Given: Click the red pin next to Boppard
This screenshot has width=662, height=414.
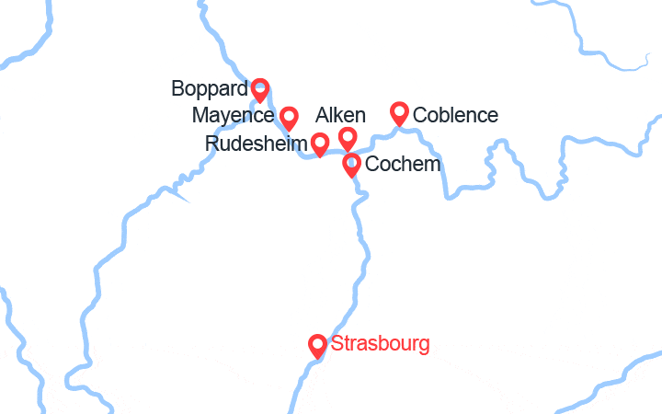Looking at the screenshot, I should point(259,89).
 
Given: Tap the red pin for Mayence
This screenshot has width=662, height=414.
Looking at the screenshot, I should point(289,117).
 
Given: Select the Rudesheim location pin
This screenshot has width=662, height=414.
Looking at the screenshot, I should point(320,144).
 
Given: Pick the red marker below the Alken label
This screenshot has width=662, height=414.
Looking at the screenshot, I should point(348,138).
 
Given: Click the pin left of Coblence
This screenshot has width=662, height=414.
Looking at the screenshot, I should point(399,112).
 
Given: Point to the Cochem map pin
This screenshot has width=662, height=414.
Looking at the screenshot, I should point(351,165).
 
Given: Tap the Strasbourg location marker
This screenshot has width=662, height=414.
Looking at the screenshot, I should point(318,345).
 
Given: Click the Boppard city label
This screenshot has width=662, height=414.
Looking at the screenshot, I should point(210,89).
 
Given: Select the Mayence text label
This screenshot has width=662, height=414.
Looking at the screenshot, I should point(234,116).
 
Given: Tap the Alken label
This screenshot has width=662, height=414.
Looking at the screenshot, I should point(340,115).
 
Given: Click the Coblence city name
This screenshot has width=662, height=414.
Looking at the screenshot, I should point(456,115).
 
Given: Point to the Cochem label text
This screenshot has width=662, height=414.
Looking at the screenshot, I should point(403,165).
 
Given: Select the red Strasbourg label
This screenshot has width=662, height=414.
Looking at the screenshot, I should point(380,344).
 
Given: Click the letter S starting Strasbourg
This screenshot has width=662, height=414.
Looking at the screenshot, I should point(337,344).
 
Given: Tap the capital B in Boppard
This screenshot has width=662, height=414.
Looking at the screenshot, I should point(178,89).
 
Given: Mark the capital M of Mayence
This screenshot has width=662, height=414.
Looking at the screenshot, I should point(200,116).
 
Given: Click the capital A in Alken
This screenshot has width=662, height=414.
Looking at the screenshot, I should point(322,115).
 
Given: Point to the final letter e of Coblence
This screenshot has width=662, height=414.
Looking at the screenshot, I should point(493,116).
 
